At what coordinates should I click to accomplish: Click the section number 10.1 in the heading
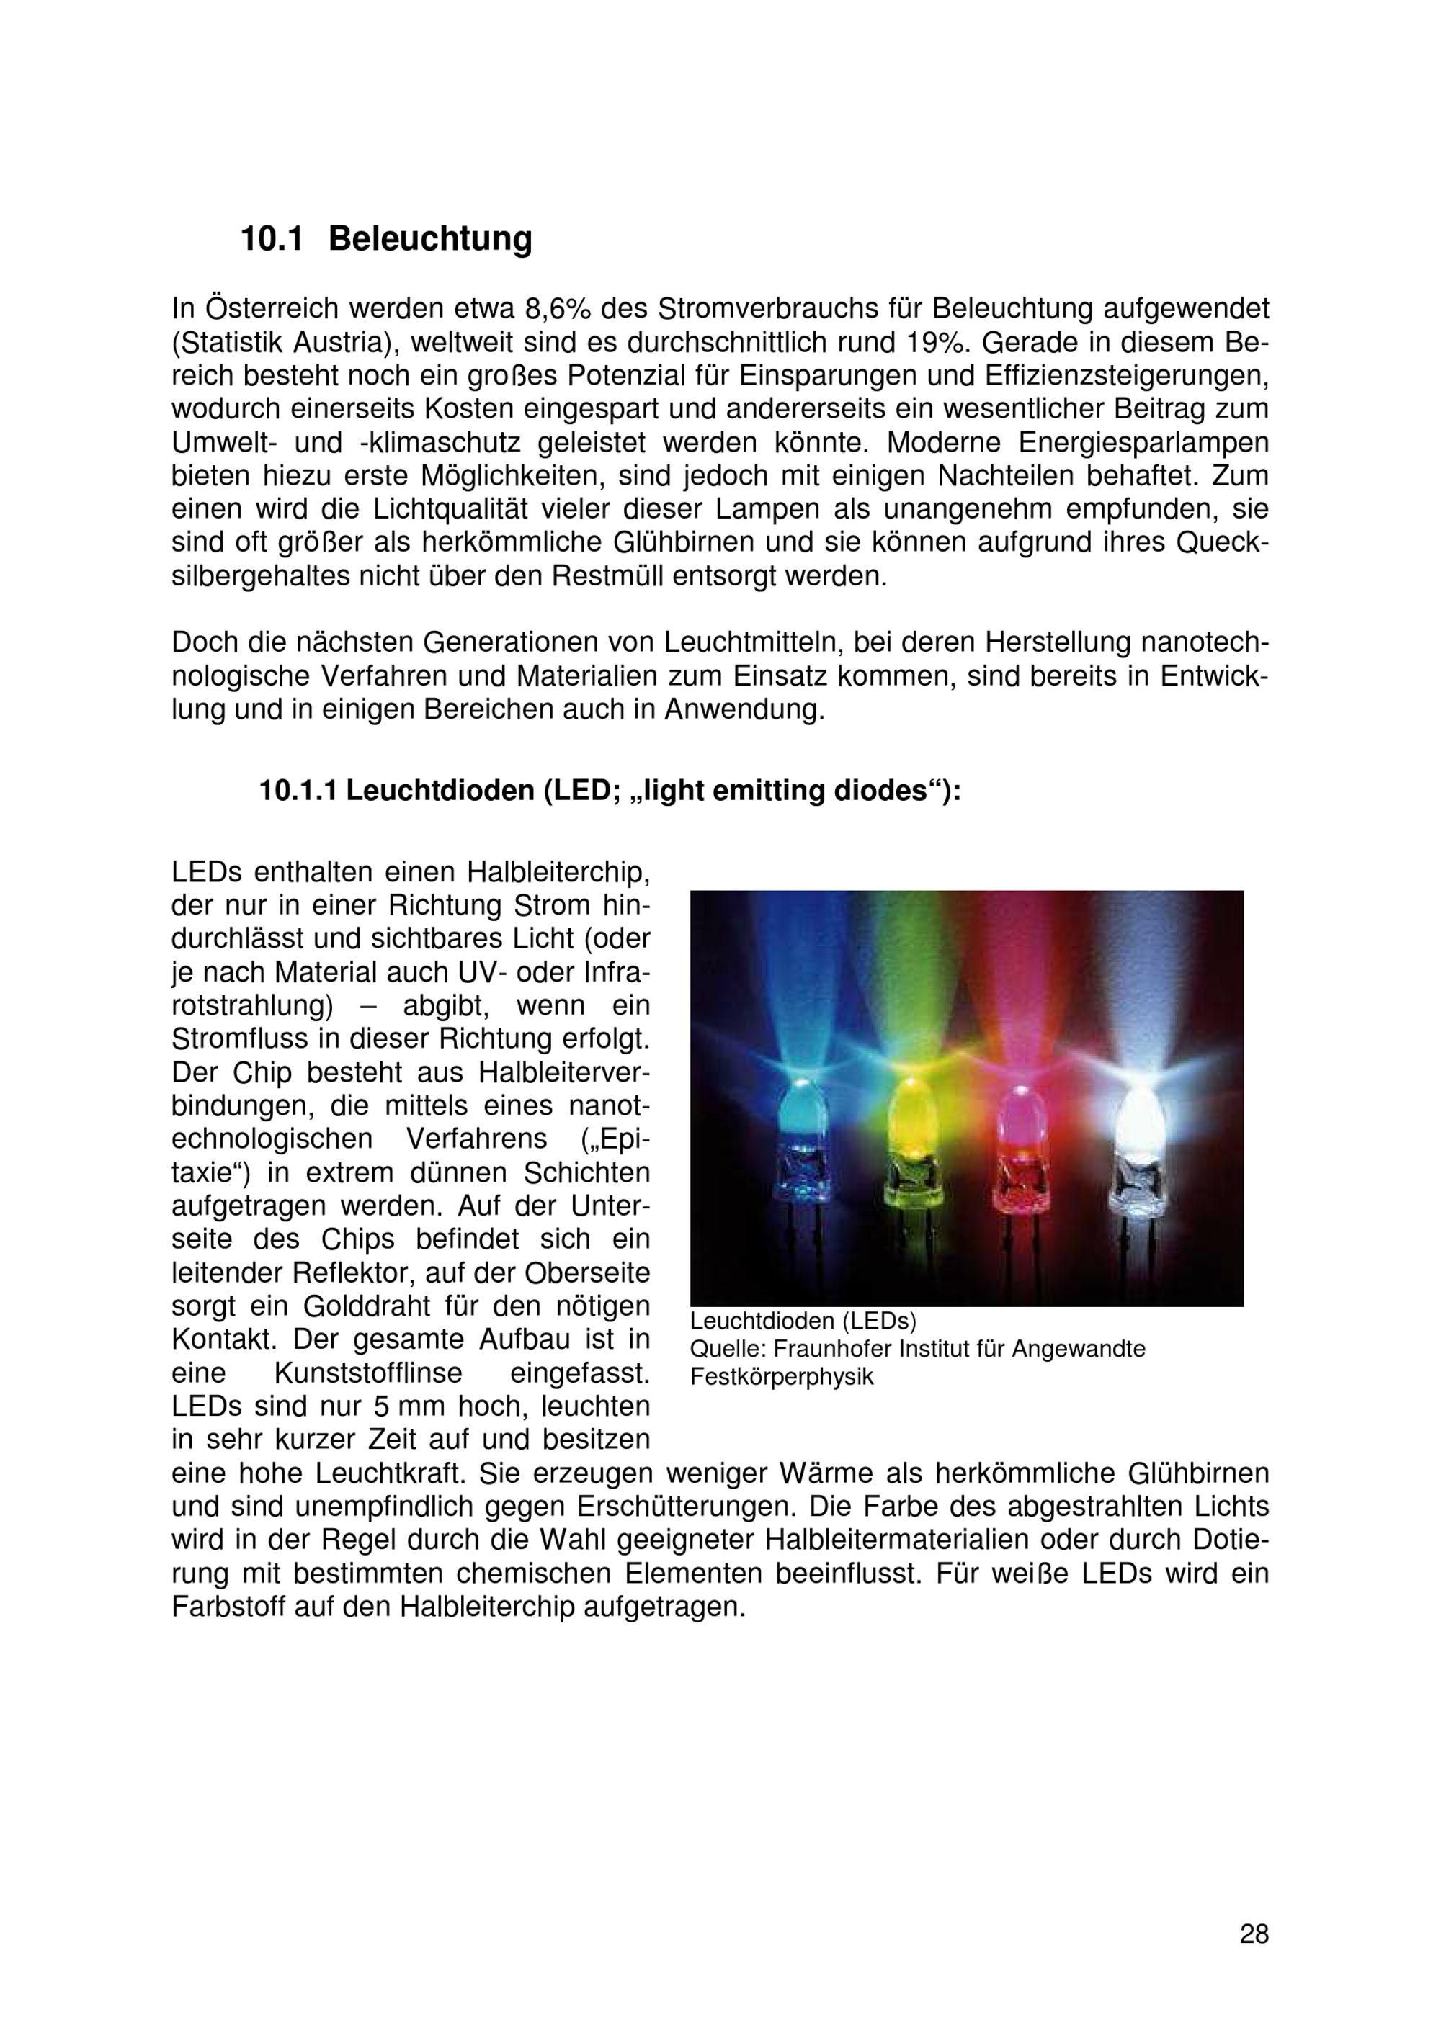[x=272, y=239]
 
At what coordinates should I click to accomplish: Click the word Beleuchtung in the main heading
[x=431, y=239]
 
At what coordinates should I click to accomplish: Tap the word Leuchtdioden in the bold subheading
[x=438, y=791]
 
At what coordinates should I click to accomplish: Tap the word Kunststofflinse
[x=367, y=1373]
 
